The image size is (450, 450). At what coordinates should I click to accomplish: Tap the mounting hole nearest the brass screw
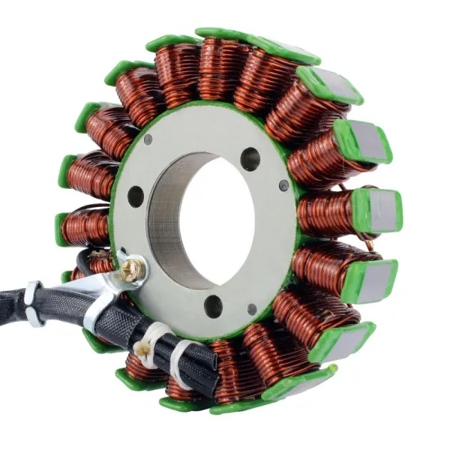click(136, 196)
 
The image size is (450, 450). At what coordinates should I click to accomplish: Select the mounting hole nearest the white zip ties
click(213, 305)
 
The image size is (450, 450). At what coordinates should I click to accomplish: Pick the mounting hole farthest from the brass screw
click(250, 158)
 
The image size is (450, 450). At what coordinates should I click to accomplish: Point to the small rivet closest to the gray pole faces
click(283, 185)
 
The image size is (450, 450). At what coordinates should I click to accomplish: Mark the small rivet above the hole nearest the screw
click(148, 139)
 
